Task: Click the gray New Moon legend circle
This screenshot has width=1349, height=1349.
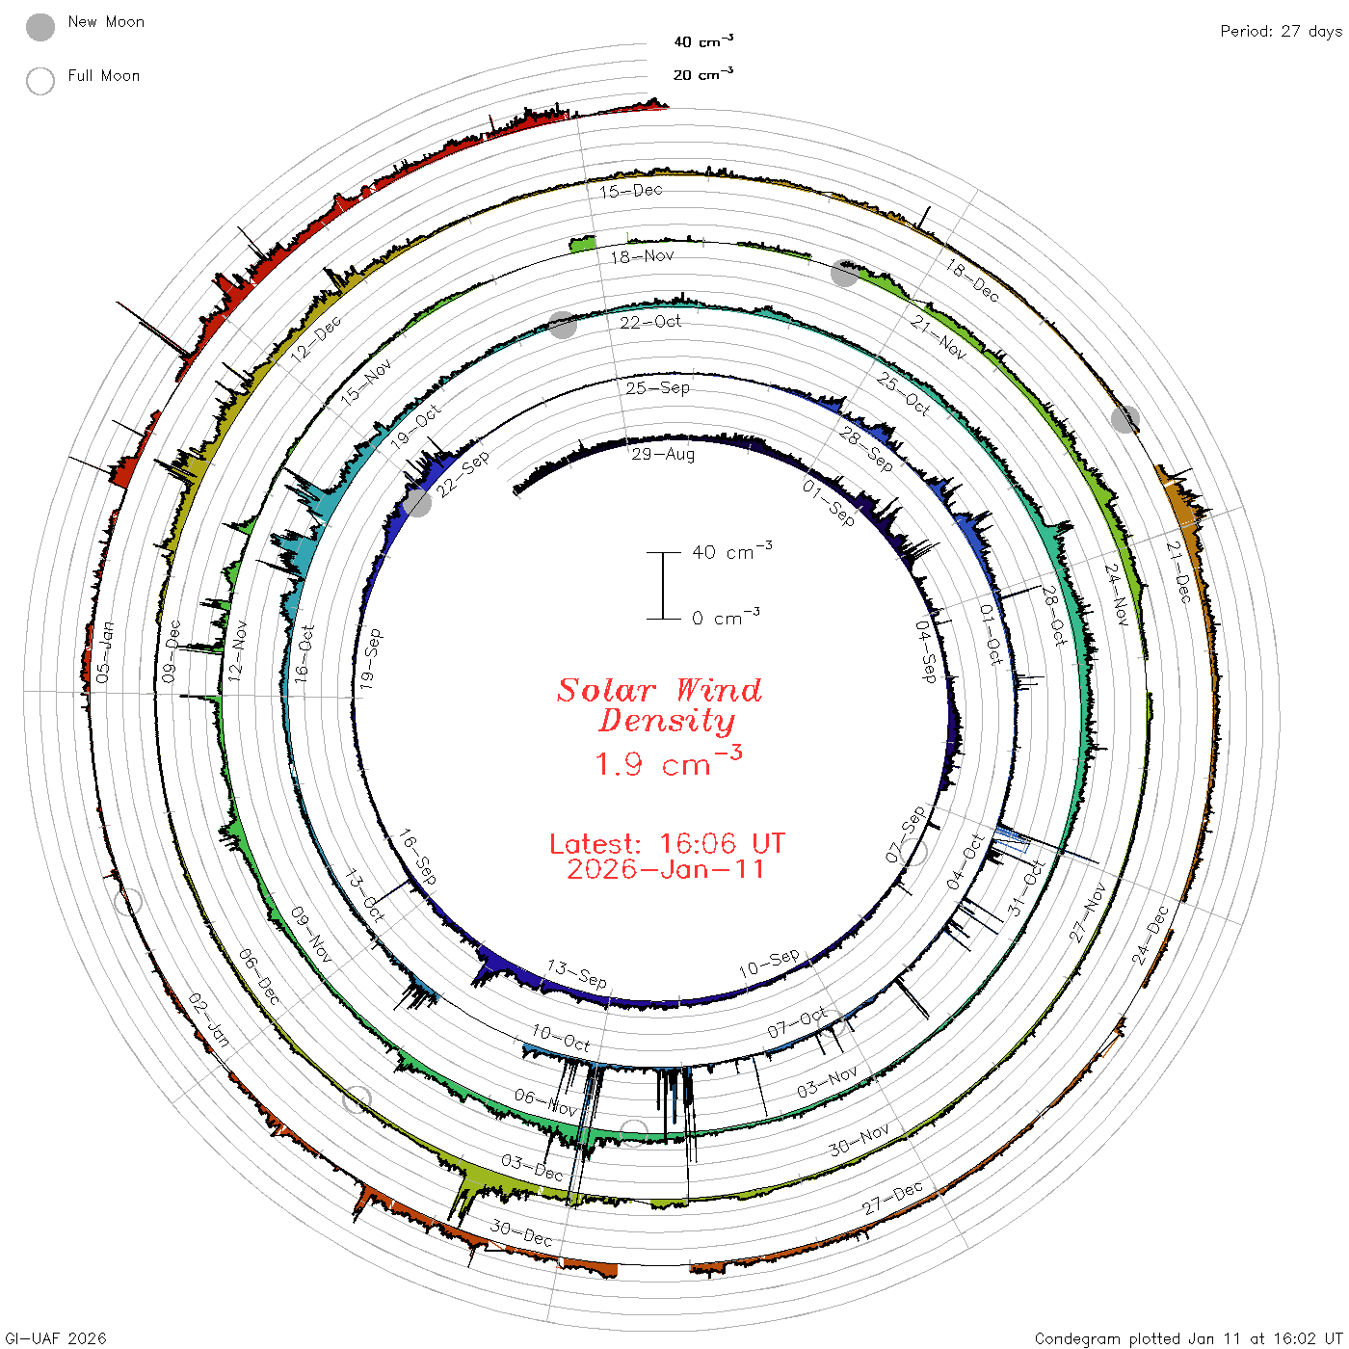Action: (40, 27)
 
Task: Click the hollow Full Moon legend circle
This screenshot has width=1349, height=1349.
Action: (40, 81)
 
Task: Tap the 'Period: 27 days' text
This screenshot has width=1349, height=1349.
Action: (1281, 32)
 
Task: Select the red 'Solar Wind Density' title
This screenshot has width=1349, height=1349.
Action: (659, 705)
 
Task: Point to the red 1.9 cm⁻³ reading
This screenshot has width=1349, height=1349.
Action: (668, 761)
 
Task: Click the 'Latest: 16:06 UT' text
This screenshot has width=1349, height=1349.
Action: (667, 843)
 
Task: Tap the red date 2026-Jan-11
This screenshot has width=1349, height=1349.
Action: (665, 869)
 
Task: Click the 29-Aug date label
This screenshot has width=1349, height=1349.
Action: (663, 455)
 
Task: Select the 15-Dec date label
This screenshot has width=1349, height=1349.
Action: (631, 191)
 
